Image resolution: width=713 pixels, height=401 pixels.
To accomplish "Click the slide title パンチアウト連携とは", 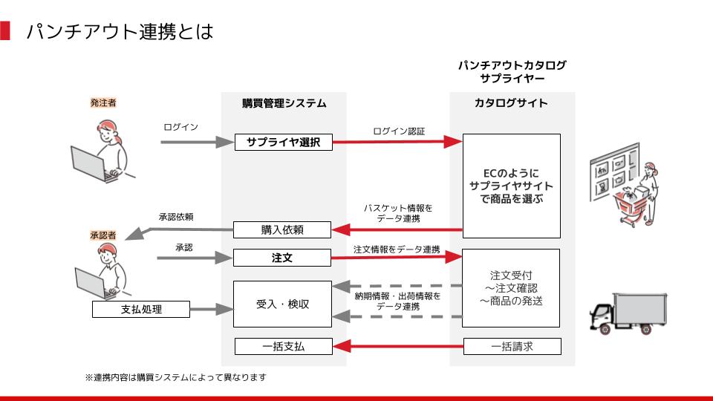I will click(x=120, y=32).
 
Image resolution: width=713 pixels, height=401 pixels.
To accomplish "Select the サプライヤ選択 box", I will click(x=283, y=142).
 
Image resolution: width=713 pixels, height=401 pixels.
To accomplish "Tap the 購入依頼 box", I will click(x=283, y=230).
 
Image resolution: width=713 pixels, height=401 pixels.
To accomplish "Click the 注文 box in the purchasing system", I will click(x=283, y=258).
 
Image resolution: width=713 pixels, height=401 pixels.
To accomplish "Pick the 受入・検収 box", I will click(x=283, y=304).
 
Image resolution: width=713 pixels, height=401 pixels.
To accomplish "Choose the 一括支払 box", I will click(x=283, y=346).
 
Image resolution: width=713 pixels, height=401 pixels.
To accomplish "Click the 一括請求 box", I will click(x=512, y=346).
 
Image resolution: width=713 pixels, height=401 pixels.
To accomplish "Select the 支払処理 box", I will click(x=141, y=309).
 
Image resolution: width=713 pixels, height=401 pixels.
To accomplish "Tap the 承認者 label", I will click(x=103, y=235).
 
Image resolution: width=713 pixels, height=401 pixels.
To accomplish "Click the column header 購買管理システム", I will click(x=284, y=103).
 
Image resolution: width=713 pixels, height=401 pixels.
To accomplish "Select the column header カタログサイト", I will click(x=511, y=103).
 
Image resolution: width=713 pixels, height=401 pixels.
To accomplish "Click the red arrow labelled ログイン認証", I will click(x=397, y=142).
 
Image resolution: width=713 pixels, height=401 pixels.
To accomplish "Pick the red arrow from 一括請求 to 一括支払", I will click(x=397, y=346).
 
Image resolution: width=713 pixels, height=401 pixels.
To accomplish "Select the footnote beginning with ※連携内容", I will click(x=175, y=378).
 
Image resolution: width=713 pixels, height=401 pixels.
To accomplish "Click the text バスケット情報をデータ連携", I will click(x=397, y=213).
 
